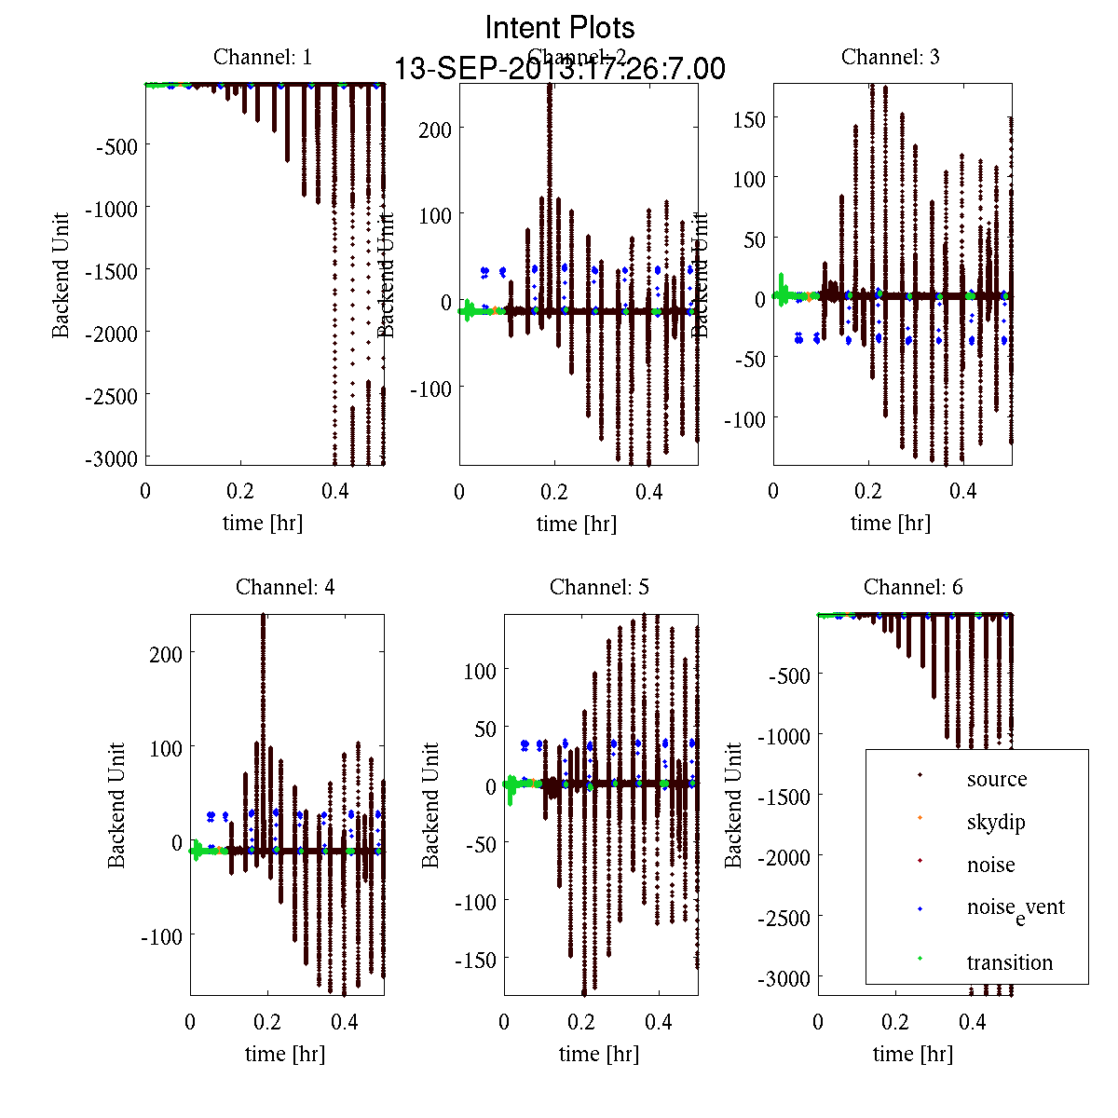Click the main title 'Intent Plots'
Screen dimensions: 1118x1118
[560, 27]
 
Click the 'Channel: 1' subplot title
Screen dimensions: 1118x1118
[263, 57]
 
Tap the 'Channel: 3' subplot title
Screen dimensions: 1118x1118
[891, 57]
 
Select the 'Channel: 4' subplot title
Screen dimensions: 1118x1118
[285, 587]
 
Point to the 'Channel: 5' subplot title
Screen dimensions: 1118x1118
[599, 587]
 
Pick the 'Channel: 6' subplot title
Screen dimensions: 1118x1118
[913, 587]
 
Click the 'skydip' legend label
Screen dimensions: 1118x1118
[996, 822]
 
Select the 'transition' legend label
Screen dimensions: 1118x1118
[1010, 962]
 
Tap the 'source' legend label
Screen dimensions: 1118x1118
[997, 779]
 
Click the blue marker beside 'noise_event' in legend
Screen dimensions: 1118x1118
[920, 908]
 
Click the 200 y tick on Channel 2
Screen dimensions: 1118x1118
[435, 130]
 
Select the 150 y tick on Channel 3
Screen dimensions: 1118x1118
[749, 119]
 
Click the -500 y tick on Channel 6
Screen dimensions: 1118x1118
[789, 675]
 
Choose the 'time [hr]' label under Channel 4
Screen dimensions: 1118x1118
[285, 1054]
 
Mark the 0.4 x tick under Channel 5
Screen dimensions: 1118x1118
[659, 1022]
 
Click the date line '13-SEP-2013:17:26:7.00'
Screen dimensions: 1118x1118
[560, 69]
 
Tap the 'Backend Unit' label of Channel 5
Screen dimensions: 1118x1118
[430, 805]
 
